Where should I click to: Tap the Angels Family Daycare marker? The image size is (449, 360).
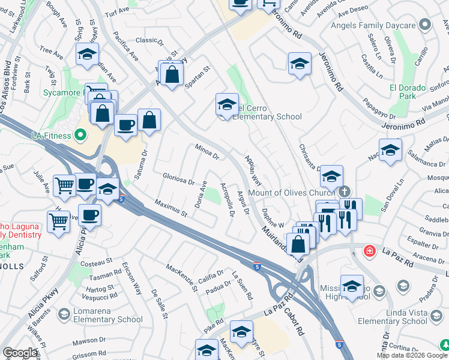tap(426, 25)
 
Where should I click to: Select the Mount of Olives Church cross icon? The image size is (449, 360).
tap(343, 193)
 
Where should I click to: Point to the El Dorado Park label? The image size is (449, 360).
tap(407, 92)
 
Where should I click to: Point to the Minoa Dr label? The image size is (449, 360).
tap(207, 151)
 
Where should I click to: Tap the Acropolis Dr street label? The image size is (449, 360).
tap(226, 201)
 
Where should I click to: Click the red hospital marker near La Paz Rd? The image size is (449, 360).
tap(370, 249)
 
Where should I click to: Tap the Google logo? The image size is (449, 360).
tap(20, 353)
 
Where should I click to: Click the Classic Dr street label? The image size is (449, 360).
tap(146, 40)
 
